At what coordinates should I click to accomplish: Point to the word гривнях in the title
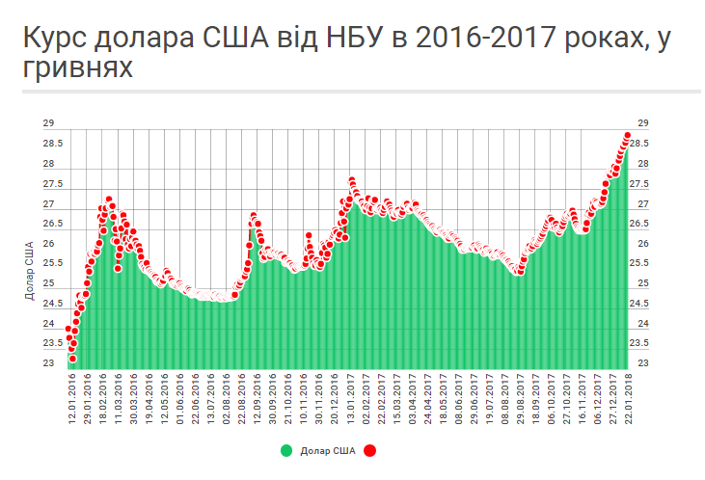pyautogui.click(x=78, y=71)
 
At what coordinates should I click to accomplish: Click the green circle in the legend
pyautogui.click(x=286, y=450)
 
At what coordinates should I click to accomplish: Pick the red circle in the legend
pyautogui.click(x=370, y=450)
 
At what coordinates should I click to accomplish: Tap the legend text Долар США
pyautogui.click(x=327, y=450)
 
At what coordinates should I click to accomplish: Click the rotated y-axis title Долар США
pyautogui.click(x=29, y=271)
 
